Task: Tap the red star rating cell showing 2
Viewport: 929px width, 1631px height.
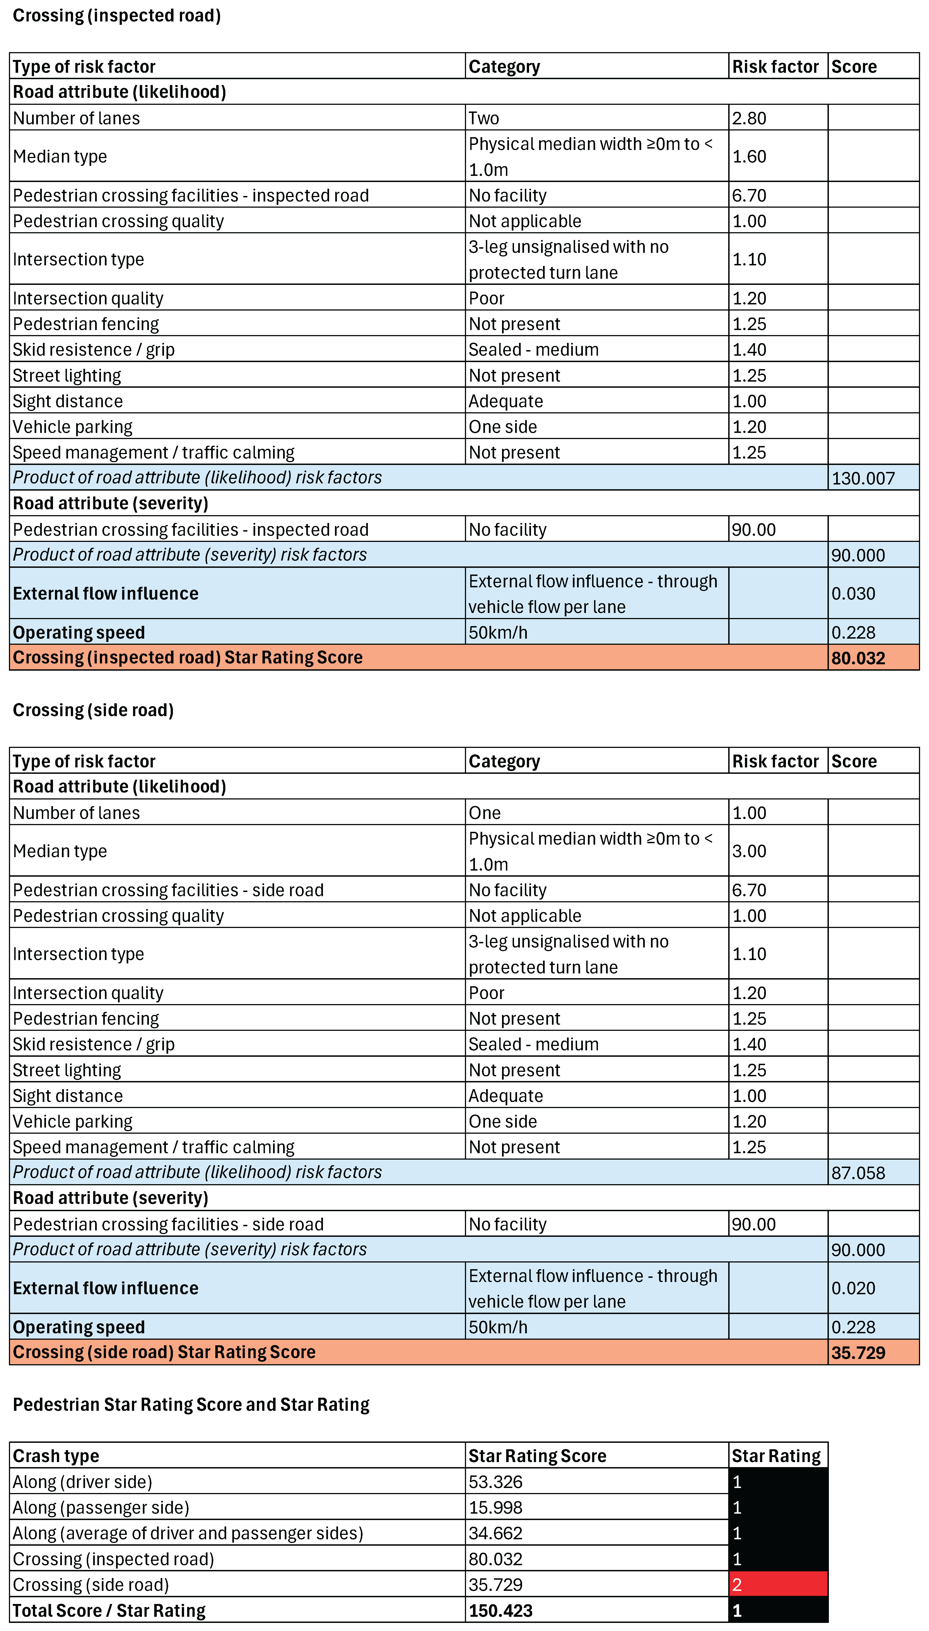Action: [x=778, y=1584]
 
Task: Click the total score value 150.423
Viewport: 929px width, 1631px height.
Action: [x=500, y=1610]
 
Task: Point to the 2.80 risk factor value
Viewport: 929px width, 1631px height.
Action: [x=749, y=118]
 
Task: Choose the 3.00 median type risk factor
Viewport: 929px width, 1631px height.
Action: [x=749, y=850]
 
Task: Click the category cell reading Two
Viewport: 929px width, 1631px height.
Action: [x=484, y=118]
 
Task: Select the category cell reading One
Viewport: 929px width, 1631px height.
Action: [x=484, y=812]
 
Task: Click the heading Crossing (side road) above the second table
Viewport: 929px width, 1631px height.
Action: [x=93, y=710]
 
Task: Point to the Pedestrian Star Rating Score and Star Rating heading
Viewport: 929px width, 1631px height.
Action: [x=191, y=1404]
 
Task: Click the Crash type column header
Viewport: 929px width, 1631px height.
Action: [x=56, y=1456]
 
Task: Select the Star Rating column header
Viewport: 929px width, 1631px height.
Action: [x=776, y=1456]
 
